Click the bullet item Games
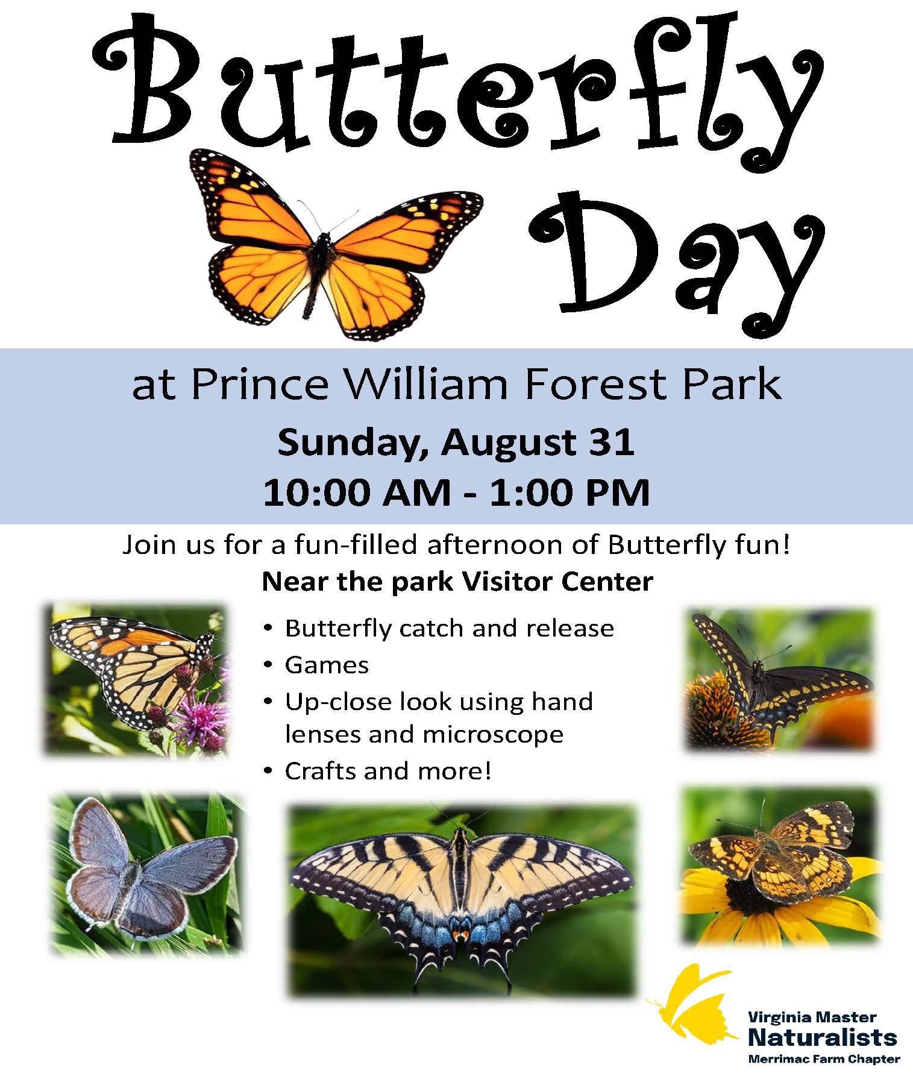[x=327, y=665]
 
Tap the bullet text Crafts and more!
[x=388, y=771]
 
